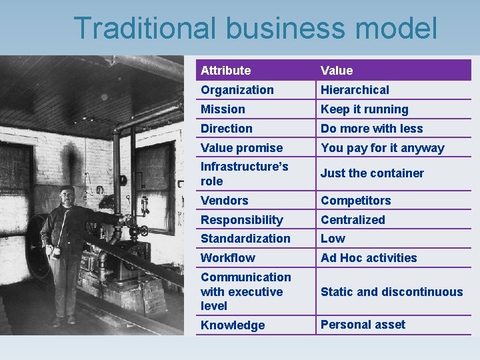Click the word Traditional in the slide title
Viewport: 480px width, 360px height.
click(x=145, y=29)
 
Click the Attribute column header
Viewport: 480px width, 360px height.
click(x=226, y=70)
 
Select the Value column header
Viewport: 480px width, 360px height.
click(x=337, y=70)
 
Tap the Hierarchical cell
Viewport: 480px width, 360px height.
click(x=355, y=89)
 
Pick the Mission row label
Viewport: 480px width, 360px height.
click(x=223, y=109)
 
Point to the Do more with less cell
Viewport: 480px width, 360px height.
click(x=371, y=128)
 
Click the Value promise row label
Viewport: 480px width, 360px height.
click(x=241, y=147)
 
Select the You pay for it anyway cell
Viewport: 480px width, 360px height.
click(x=382, y=147)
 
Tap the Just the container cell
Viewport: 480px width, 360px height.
click(x=372, y=173)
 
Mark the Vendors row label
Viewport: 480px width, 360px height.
click(x=224, y=200)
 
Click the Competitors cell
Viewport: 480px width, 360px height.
click(x=355, y=200)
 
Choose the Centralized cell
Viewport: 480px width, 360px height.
click(x=353, y=219)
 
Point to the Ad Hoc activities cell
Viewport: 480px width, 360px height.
click(x=369, y=257)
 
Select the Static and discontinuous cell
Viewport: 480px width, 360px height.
click(x=391, y=291)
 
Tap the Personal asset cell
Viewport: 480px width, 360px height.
click(x=363, y=324)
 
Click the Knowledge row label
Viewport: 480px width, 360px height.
click(x=233, y=325)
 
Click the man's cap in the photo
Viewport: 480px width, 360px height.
click(x=67, y=189)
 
